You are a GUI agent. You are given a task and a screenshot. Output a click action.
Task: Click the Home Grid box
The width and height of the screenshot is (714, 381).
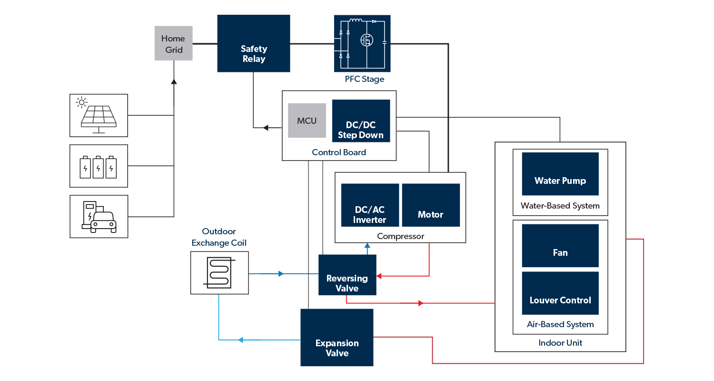(x=173, y=43)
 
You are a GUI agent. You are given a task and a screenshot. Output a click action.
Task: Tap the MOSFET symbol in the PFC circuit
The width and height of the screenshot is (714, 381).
(x=366, y=40)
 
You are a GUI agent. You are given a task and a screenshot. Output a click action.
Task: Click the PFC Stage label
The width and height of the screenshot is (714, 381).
(x=364, y=79)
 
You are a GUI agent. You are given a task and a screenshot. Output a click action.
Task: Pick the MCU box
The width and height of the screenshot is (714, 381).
(x=307, y=120)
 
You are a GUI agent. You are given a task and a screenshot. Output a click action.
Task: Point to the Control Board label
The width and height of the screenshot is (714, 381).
(x=339, y=152)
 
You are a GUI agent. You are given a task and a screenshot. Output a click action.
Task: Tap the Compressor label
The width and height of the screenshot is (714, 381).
(x=400, y=236)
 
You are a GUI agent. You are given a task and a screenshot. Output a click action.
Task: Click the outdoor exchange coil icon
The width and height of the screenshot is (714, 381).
(x=219, y=273)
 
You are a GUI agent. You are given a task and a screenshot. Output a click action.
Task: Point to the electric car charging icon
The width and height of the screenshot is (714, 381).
(x=99, y=217)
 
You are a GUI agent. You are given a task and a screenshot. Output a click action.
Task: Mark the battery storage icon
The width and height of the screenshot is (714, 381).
(x=99, y=166)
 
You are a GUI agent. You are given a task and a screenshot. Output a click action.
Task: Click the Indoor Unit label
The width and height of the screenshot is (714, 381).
(x=560, y=343)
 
